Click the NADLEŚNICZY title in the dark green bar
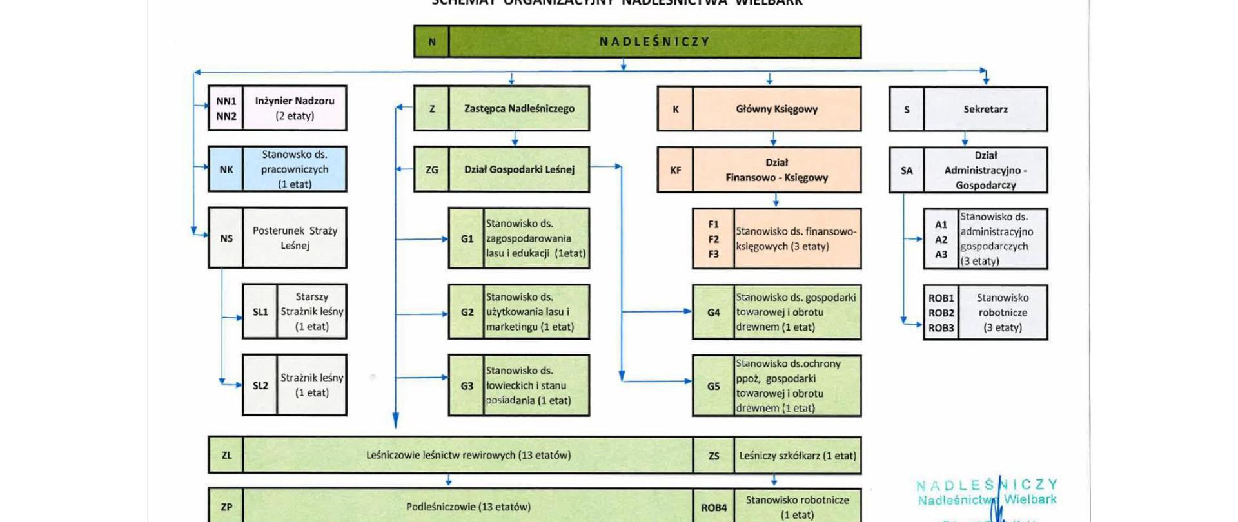654,42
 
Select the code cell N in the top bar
431,42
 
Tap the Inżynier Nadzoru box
295,108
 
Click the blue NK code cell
226,169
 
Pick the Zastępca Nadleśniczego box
519,109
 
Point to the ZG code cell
431,170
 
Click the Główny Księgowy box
776,109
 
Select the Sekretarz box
985,110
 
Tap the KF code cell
675,171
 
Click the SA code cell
907,171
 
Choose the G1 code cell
467,238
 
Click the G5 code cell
713,386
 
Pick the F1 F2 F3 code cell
713,239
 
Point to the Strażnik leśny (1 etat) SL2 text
311,385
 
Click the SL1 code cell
260,312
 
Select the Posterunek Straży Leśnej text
295,238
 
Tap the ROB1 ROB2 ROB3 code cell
941,313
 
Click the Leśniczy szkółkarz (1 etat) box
798,456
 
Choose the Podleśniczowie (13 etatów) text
468,507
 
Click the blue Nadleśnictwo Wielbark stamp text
987,499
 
